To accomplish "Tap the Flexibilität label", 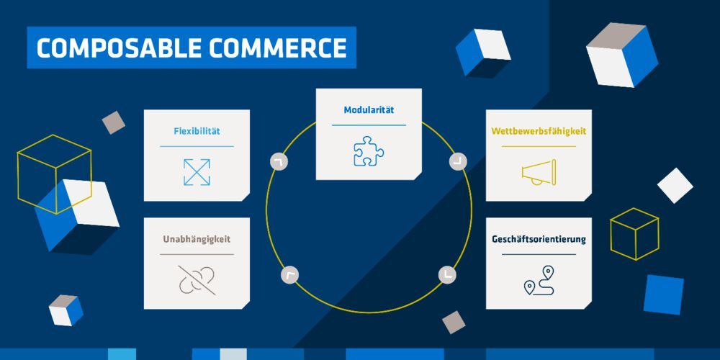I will [x=197, y=131].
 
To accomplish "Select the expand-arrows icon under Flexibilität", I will [x=197, y=172].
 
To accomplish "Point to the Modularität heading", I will [x=369, y=110].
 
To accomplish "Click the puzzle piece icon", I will [x=369, y=151].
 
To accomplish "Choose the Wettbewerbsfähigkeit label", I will [x=539, y=132].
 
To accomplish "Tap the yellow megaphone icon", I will [x=539, y=172].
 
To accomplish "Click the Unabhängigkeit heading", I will [x=197, y=239].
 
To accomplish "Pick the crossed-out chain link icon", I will [x=197, y=279].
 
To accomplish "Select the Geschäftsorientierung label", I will [x=539, y=239].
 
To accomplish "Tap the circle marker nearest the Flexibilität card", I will [x=278, y=161].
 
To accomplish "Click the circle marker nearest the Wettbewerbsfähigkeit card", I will [x=458, y=161].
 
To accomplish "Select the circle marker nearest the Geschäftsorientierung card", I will [x=447, y=274].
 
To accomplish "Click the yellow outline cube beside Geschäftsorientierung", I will [x=634, y=234].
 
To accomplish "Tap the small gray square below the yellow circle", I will [x=454, y=322].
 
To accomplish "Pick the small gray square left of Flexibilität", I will [x=113, y=122].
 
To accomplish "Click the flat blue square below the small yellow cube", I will [x=663, y=294].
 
